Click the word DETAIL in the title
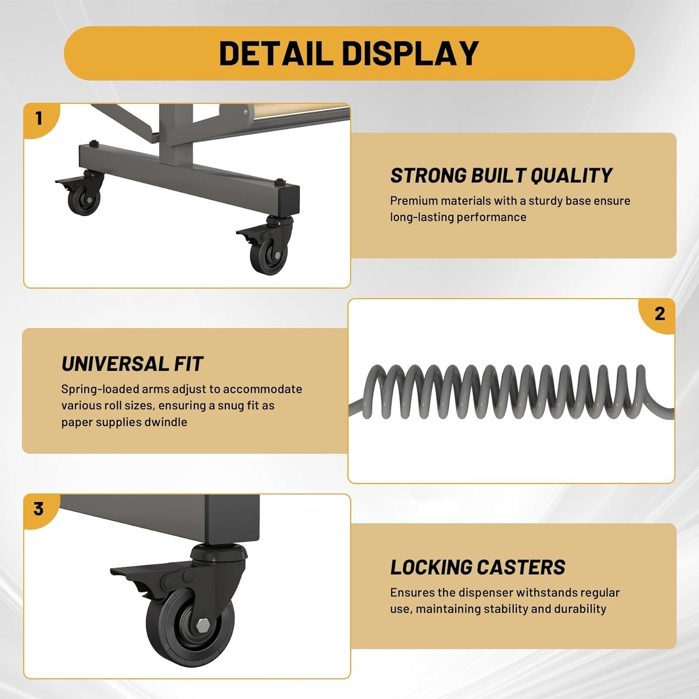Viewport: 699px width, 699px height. click(x=275, y=53)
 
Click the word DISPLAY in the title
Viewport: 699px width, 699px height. click(x=411, y=53)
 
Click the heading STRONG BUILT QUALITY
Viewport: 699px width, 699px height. click(x=501, y=176)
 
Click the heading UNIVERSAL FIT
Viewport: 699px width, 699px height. click(x=132, y=364)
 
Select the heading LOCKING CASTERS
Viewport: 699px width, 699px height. click(x=478, y=567)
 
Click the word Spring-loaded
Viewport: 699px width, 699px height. click(x=100, y=390)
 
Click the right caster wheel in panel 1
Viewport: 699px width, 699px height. click(x=269, y=255)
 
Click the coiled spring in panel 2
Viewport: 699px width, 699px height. click(x=512, y=391)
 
